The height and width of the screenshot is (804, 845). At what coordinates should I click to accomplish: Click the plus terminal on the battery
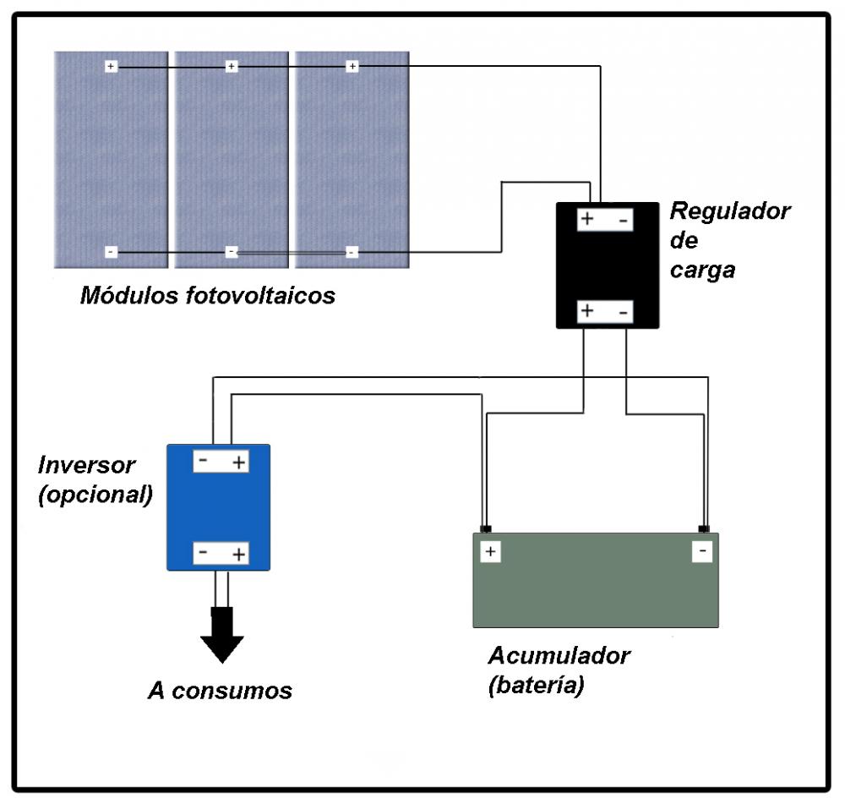[490, 552]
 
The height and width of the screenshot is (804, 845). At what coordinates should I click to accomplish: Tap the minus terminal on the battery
[701, 552]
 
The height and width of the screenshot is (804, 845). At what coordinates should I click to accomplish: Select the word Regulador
[729, 211]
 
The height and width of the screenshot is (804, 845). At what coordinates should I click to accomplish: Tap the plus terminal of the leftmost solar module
[111, 66]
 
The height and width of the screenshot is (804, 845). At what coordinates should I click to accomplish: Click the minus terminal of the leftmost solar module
[111, 252]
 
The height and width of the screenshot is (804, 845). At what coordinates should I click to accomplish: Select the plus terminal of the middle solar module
[232, 66]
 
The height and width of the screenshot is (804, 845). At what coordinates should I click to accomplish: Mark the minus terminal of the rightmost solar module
[352, 252]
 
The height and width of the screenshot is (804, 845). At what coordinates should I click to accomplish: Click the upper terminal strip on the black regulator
[605, 220]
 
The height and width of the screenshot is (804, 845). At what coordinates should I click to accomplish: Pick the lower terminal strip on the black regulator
[605, 311]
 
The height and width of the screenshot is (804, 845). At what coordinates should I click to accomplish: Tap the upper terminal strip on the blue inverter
[221, 462]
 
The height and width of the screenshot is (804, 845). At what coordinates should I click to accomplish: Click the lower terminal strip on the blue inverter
[221, 553]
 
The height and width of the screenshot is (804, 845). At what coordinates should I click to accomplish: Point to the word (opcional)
[95, 495]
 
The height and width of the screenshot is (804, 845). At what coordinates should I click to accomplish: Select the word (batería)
[536, 686]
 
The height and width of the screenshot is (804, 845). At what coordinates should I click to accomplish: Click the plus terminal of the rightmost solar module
[352, 66]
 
